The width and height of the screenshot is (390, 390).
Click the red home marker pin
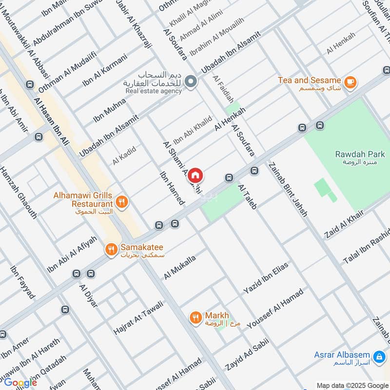(x=195, y=175)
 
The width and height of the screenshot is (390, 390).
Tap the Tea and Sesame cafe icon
(x=350, y=82)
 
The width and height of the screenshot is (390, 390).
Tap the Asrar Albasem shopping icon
(x=378, y=356)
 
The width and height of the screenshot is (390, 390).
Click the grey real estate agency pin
(x=191, y=81)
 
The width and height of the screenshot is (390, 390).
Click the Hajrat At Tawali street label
(x=138, y=316)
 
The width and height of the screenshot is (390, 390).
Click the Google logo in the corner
(x=20, y=383)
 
